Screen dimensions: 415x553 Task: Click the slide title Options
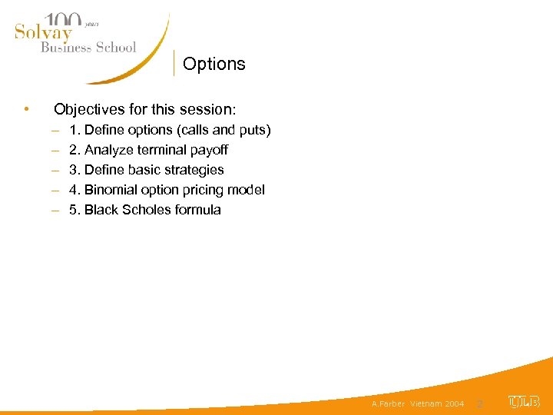point(214,64)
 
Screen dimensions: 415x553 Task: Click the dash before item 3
point(57,170)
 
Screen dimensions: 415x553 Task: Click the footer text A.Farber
point(388,403)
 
